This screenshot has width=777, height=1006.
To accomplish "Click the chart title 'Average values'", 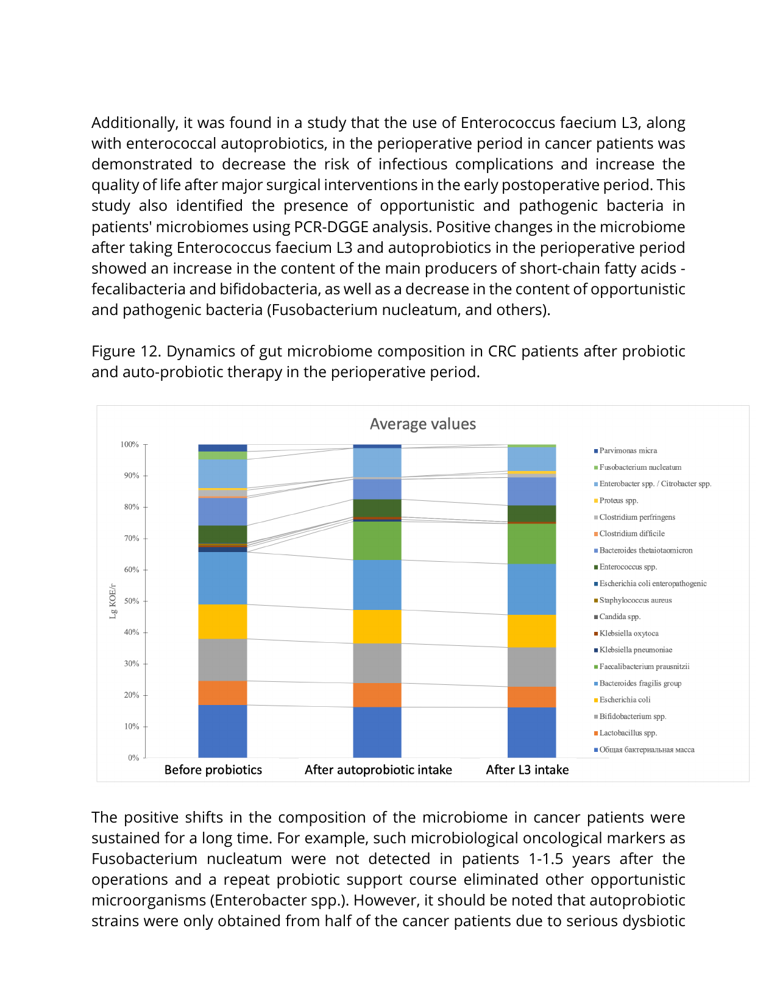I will click(x=422, y=424).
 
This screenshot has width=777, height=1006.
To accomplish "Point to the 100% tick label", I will click(x=130, y=444).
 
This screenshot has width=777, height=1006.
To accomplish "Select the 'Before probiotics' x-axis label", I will click(x=213, y=770).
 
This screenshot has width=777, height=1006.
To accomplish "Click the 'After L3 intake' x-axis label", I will click(x=527, y=770).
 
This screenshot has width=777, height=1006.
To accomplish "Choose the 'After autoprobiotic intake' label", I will click(x=378, y=770).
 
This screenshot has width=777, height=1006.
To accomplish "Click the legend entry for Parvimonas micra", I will click(x=628, y=451).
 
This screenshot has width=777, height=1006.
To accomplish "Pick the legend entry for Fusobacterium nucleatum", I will click(x=640, y=467).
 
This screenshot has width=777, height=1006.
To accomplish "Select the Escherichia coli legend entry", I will click(x=625, y=700).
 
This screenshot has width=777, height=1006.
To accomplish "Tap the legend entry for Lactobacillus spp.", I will click(x=628, y=733).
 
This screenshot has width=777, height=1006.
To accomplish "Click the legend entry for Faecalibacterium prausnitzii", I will click(x=644, y=667).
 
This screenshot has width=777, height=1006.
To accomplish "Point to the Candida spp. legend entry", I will click(x=620, y=617).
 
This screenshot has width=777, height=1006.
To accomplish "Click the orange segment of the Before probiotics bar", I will click(x=222, y=693).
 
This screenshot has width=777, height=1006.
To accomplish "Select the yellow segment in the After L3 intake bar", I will click(x=531, y=631).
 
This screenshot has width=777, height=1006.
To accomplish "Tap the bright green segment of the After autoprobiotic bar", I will click(x=377, y=540).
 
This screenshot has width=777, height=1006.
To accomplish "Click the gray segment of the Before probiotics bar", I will click(x=222, y=659).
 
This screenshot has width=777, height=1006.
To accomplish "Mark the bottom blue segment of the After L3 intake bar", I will click(x=531, y=732).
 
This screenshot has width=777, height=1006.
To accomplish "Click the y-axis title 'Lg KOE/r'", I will click(x=113, y=601).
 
